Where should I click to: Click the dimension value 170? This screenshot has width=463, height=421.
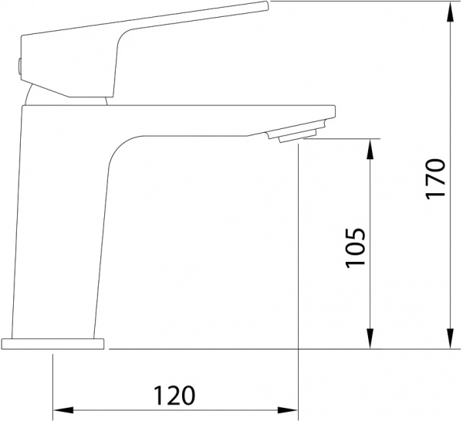(x=435, y=179)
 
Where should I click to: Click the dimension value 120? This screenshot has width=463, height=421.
(x=174, y=396)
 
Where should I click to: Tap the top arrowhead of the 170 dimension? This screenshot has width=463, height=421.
(x=450, y=12)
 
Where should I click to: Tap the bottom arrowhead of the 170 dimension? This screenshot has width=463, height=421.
(x=450, y=338)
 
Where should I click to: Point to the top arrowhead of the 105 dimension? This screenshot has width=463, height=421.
(x=370, y=149)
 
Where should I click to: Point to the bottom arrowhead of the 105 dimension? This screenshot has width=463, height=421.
(x=370, y=338)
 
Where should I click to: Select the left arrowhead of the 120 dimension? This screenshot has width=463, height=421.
(x=63, y=410)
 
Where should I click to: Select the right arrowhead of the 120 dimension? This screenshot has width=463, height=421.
(x=287, y=410)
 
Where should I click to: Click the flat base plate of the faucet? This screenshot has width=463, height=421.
(x=52, y=344)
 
